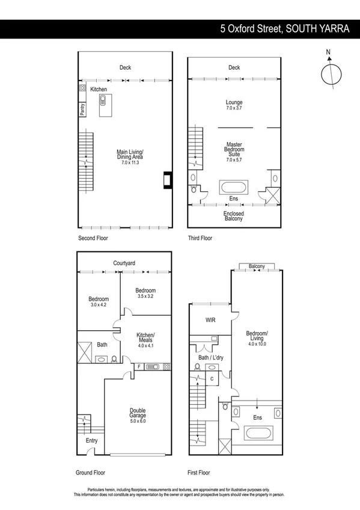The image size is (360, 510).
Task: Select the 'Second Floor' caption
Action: (94, 238)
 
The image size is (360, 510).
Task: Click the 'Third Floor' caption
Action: (200, 238)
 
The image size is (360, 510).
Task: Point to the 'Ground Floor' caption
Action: (93, 472)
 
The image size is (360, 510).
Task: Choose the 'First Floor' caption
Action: (200, 472)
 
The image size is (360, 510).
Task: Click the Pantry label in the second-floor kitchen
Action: (82, 109)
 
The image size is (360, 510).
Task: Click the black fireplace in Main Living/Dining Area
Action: (167, 180)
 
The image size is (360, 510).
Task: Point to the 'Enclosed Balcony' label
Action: (234, 216)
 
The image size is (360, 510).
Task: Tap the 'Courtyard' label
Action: (124, 263)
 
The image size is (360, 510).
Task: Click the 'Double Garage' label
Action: (138, 416)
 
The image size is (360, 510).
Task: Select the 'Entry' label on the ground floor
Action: (91, 441)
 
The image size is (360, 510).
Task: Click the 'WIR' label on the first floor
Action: (210, 321)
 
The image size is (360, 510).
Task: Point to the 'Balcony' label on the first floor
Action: (257, 266)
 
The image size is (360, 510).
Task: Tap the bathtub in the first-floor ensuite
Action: (257, 433)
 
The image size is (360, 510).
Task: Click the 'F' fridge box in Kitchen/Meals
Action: (139, 366)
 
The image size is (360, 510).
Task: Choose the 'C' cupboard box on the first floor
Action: (212, 378)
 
